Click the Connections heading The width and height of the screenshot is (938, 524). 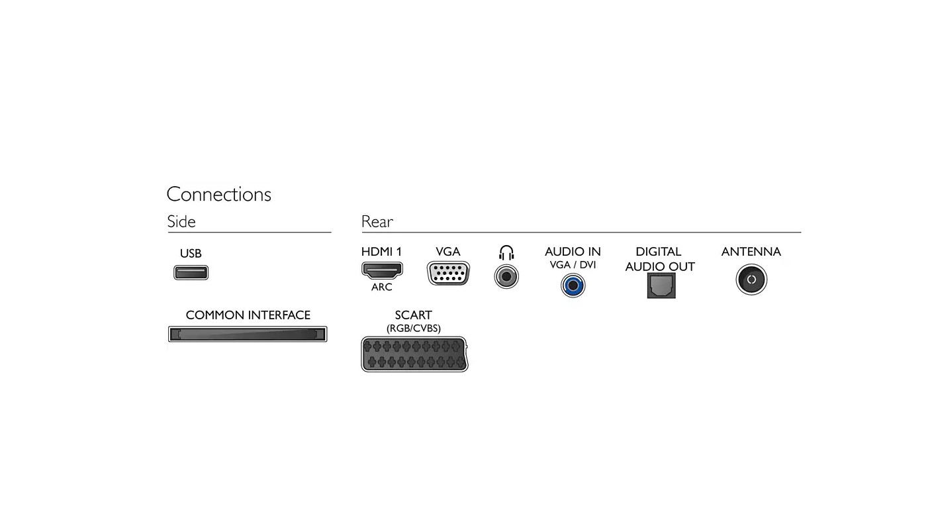point(218,195)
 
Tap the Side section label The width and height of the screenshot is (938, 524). point(181,221)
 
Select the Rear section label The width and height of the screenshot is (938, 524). point(377,221)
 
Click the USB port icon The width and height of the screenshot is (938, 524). point(191,273)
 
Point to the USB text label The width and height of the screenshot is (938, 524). point(191,253)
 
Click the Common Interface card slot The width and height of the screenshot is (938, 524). point(248,334)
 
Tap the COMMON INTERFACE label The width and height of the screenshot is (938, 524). point(248,315)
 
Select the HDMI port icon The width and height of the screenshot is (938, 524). point(382,270)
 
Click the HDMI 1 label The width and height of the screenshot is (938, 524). point(381,252)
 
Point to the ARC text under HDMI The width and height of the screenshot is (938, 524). point(381,287)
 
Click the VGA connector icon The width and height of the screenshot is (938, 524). point(448,274)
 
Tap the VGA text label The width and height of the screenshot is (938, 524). point(447,252)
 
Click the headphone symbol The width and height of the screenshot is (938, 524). point(506,253)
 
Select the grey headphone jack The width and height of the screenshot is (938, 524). point(506,277)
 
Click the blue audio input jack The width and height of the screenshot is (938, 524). point(573,286)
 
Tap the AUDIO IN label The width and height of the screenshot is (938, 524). point(573,252)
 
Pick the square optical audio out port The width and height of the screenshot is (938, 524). point(661,286)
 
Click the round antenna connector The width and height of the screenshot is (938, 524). point(751,280)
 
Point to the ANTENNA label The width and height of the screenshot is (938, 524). point(751,252)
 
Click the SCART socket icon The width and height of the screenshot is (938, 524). point(414,354)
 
